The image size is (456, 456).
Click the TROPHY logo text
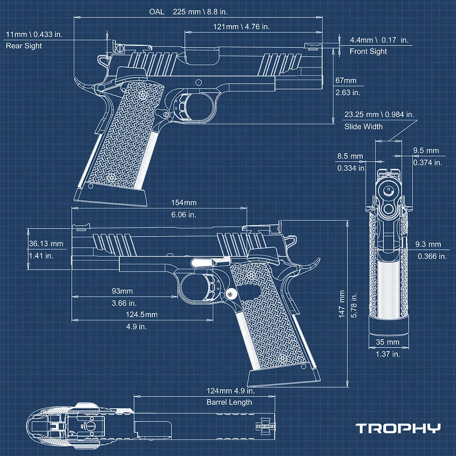click(398, 428)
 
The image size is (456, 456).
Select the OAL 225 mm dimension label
click(188, 12)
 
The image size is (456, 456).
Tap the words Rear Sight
click(24, 46)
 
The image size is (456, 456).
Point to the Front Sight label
click(368, 52)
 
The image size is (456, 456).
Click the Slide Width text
click(364, 126)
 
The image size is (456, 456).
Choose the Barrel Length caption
click(229, 402)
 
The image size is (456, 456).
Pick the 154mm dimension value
click(184, 203)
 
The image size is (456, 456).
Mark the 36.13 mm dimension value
click(46, 244)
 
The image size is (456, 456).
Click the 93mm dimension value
click(122, 291)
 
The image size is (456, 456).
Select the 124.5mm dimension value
click(142, 314)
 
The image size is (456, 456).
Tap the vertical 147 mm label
click(342, 304)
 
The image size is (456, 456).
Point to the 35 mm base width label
click(387, 342)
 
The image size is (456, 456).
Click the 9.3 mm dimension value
click(428, 244)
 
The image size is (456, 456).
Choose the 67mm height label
click(346, 81)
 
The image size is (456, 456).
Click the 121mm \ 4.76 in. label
click(241, 27)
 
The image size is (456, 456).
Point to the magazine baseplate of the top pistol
click(111, 197)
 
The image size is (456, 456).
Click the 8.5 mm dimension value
click(350, 156)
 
